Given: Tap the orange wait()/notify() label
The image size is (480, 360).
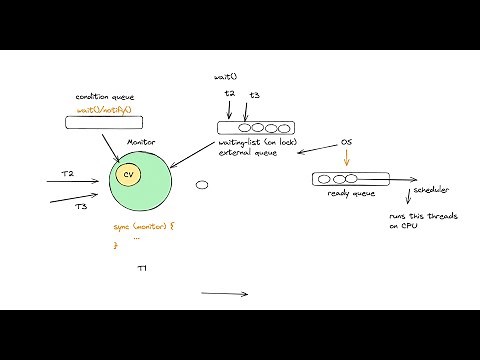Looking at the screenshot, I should coord(105,108).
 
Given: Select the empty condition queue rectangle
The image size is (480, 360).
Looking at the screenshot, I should coord(105,123).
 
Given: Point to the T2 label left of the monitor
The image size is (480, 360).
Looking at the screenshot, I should coord(67,174).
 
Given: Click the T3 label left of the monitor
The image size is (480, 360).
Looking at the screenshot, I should coord(81,206).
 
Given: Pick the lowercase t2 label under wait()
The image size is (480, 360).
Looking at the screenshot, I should coord(229,94).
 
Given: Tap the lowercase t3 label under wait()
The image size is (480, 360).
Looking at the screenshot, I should coord(255,95).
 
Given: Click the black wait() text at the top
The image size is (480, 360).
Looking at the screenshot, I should coord(225,77).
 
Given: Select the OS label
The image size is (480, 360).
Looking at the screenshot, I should coord(346,143).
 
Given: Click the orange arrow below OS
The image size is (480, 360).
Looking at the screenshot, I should coord(346,159).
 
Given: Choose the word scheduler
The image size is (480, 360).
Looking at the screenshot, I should coord(433,189).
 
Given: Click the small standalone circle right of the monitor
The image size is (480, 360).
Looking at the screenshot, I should coord(201,184).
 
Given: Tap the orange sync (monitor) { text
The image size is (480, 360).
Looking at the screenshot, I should coord(144,227).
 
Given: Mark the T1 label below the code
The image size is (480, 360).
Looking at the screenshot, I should coord(142,269).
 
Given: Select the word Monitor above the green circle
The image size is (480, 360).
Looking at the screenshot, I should coord(142,144).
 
